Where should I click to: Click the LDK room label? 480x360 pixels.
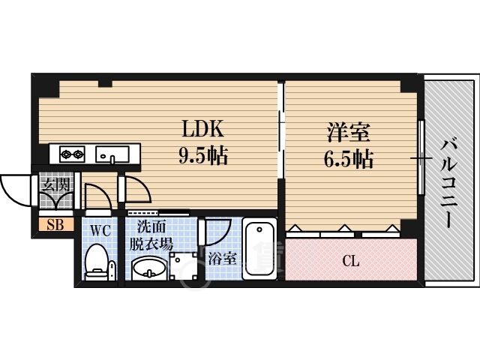[203, 129]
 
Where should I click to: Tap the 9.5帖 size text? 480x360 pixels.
[203, 155]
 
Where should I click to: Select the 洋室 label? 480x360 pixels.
[349, 132]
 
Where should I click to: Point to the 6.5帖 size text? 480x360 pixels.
[349, 159]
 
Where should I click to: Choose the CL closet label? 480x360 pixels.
[351, 261]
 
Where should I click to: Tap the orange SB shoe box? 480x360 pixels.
[56, 225]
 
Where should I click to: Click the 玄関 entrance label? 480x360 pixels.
[56, 185]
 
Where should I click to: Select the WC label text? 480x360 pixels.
[100, 230]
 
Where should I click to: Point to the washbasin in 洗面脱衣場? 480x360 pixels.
[149, 268]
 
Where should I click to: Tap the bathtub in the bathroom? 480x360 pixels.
[259, 248]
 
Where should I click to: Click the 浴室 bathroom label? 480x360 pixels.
[222, 259]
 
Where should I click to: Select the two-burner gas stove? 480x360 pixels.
[73, 154]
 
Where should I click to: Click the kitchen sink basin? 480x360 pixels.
[112, 154]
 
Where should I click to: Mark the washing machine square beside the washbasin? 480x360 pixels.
[183, 265]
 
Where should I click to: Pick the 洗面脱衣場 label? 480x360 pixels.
[151, 235]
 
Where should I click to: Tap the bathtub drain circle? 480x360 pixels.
[259, 229]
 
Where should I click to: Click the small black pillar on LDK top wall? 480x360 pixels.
[105, 83]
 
